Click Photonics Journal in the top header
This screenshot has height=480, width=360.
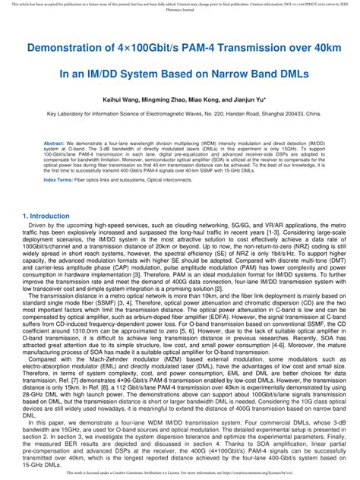pyautogui.click(x=180, y=11)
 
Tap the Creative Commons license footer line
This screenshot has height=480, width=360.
pyautogui.click(x=180, y=473)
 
